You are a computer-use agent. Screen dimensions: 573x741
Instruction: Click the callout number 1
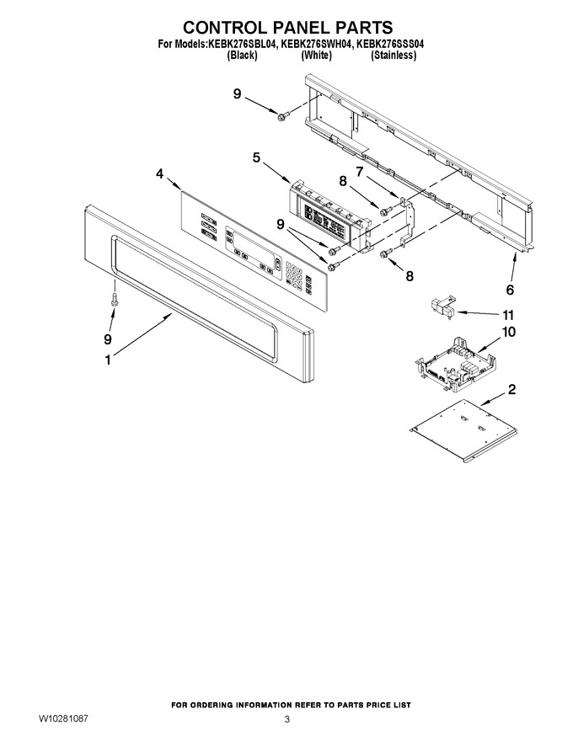108,360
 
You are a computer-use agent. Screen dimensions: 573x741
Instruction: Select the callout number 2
511,390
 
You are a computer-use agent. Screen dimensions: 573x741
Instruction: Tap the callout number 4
160,174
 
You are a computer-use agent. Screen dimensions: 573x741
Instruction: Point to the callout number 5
256,157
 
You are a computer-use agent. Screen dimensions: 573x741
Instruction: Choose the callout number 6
510,290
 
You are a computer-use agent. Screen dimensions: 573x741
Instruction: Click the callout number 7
360,172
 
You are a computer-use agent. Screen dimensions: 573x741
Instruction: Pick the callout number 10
508,333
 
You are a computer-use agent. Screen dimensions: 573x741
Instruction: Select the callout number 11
508,315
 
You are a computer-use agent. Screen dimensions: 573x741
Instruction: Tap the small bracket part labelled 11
442,307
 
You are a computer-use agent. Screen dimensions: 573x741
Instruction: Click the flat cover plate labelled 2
463,430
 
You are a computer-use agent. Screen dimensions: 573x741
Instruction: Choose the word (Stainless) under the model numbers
394,56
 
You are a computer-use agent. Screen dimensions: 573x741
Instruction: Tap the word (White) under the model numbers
316,56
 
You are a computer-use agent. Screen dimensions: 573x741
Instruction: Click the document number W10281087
63,718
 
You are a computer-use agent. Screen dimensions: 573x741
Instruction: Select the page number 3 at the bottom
286,720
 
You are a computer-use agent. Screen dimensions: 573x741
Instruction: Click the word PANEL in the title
301,28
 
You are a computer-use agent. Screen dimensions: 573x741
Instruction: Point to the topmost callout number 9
237,94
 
